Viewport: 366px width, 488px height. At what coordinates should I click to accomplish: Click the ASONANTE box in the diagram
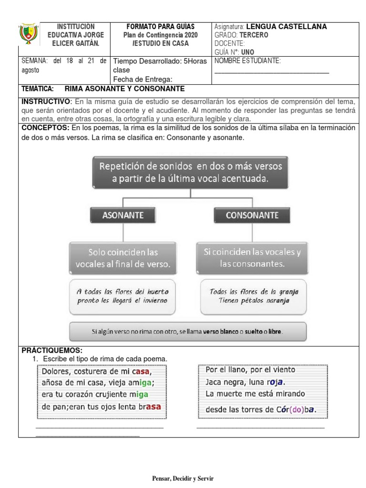(123, 215)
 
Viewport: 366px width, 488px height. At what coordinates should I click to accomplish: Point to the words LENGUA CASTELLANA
(286, 27)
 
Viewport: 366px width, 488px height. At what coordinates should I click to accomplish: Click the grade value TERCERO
(255, 35)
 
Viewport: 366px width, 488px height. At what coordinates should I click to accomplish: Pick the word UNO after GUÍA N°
(248, 51)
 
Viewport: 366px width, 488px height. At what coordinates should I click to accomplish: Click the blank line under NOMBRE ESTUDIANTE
(272, 72)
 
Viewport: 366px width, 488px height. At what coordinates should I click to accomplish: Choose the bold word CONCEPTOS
(45, 128)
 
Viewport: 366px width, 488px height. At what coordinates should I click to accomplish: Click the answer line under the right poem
(260, 427)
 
